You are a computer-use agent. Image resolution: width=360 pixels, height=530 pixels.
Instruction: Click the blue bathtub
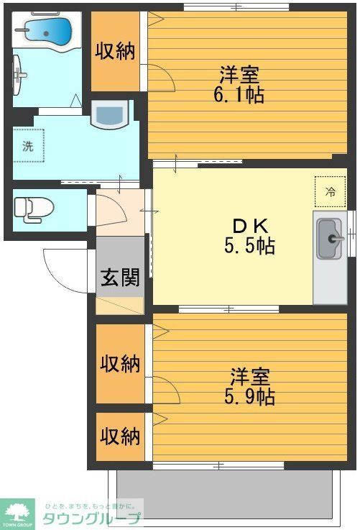click(47, 31)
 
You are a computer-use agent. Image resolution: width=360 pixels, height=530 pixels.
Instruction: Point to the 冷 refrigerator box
click(330, 191)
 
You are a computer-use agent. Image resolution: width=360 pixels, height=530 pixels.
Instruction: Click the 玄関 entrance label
click(120, 278)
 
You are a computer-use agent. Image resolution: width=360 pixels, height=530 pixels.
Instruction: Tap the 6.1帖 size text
click(238, 94)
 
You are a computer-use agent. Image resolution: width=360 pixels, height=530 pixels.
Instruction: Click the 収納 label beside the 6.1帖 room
click(116, 52)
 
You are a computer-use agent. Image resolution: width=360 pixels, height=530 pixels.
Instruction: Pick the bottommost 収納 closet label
click(120, 435)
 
